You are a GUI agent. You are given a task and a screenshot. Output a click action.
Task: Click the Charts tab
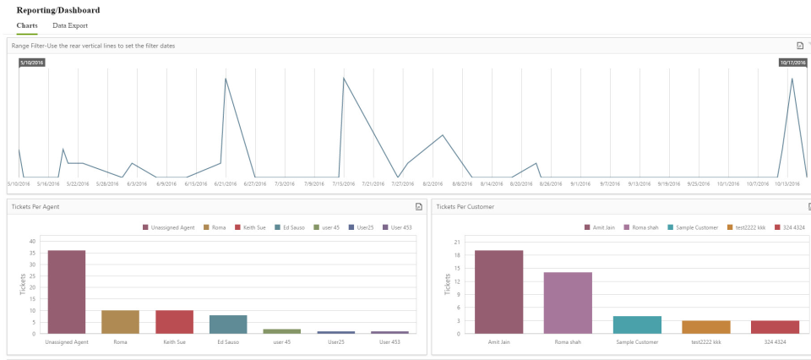[x=27, y=26]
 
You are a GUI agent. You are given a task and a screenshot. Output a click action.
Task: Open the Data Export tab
[x=69, y=26]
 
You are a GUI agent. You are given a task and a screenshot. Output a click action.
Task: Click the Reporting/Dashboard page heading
[x=57, y=10]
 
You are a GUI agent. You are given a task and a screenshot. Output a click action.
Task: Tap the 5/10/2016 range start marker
[x=32, y=63]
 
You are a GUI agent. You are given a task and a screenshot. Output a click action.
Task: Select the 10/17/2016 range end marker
[x=793, y=63]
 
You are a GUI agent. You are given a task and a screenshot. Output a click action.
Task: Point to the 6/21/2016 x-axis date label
[x=225, y=183]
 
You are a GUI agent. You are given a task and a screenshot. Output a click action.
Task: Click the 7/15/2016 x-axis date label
[x=343, y=183]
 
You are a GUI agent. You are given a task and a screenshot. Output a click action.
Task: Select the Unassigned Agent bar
[x=66, y=292]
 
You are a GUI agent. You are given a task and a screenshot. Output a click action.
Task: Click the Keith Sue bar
[x=174, y=322]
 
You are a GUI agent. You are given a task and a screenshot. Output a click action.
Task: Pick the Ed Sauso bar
[x=228, y=324]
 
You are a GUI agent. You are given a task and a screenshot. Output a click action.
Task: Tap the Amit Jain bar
[x=498, y=292]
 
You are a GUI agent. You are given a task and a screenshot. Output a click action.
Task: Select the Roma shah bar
[x=568, y=303]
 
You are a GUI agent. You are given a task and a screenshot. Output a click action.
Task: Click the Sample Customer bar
[x=637, y=325]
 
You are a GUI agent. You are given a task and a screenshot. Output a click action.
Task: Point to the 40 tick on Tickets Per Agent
[x=32, y=241]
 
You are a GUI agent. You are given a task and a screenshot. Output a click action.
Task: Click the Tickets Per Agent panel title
[x=35, y=206]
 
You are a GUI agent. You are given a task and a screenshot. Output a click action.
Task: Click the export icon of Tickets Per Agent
[x=418, y=206]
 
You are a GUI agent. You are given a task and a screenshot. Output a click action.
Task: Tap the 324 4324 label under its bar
[x=776, y=341]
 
